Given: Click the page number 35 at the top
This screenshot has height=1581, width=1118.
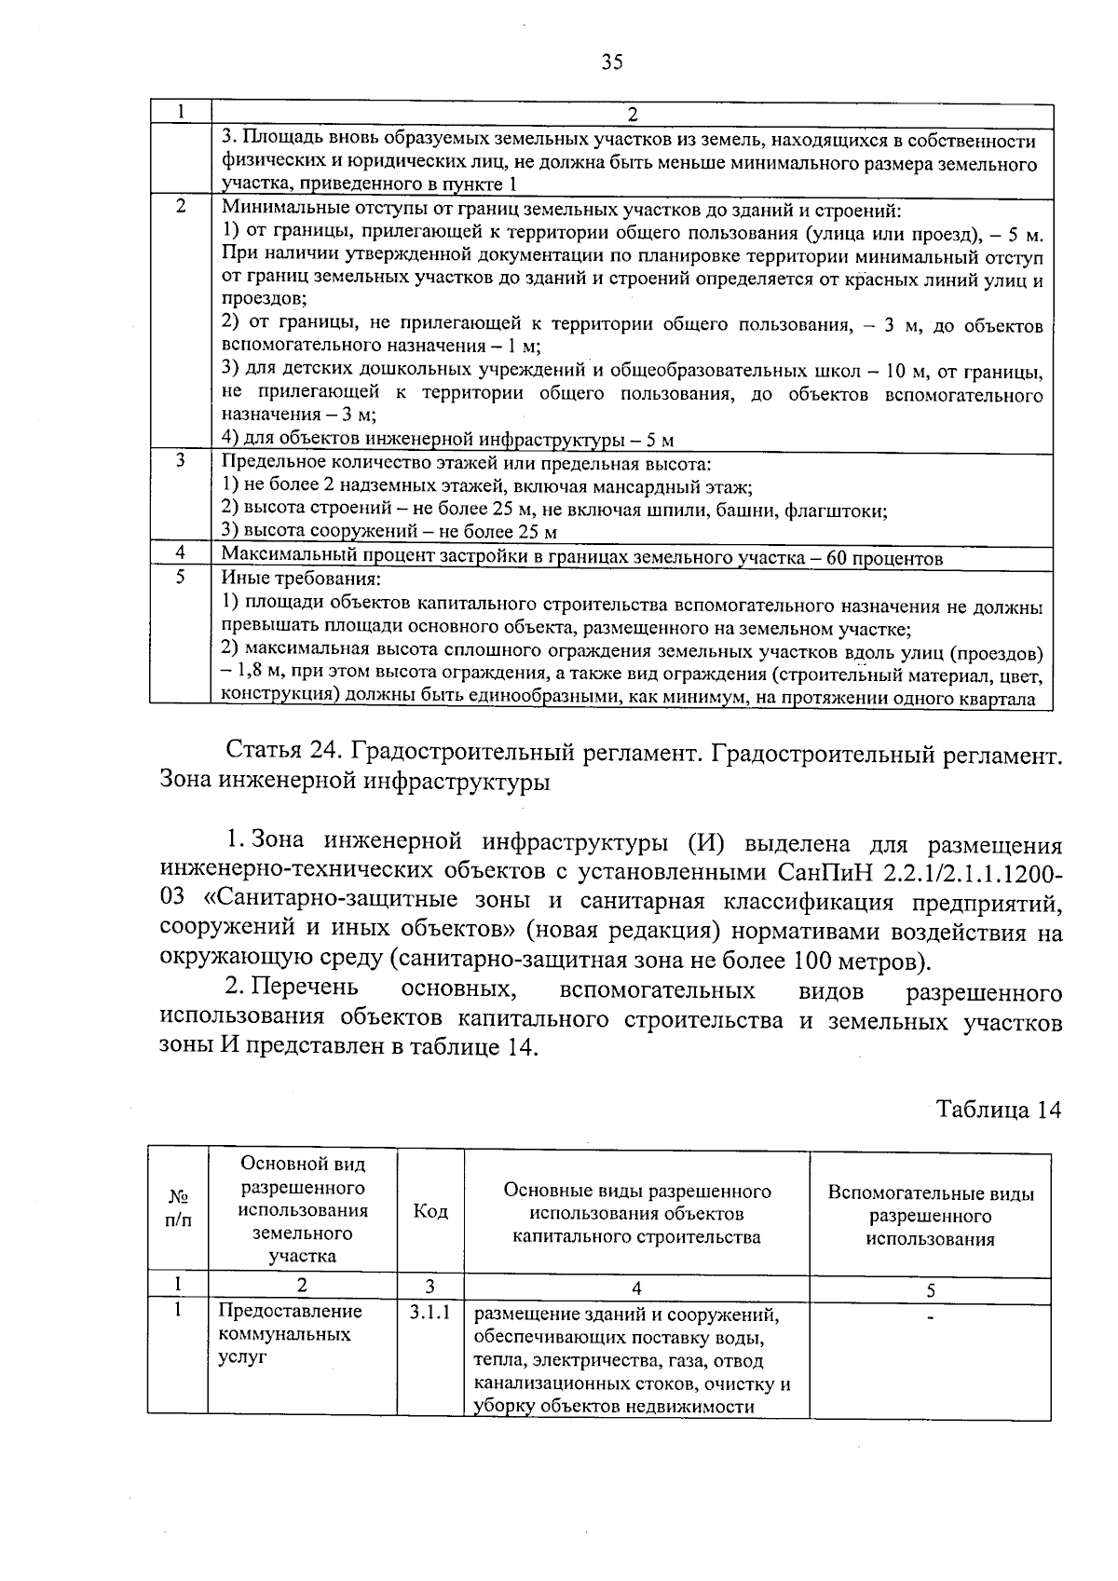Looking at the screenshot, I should pos(612,62).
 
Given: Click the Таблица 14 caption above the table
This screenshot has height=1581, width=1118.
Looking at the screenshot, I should pos(998,1110).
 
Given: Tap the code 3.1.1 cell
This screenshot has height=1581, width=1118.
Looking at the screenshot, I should pos(429,1313).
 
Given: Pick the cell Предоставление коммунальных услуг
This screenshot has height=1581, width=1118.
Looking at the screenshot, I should pos(289,1334).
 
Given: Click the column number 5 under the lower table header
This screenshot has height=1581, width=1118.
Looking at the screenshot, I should pos(930,1290).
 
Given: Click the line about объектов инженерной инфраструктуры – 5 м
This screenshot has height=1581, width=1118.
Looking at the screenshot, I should pos(447,440).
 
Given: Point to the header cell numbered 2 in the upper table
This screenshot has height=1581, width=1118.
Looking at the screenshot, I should pos(632,115).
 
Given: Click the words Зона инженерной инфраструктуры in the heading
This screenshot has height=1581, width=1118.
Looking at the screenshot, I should pos(355,781).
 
